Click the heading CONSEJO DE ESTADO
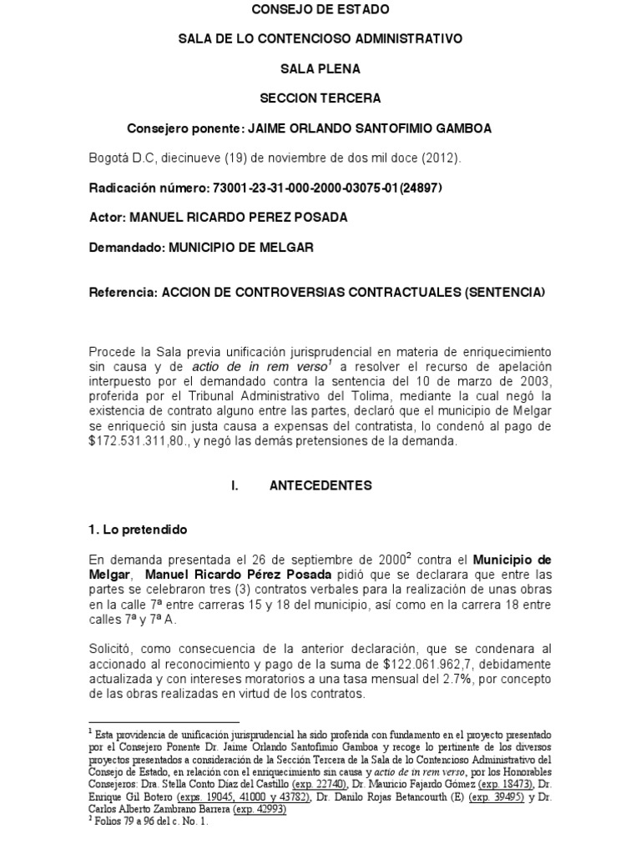coord(320,10)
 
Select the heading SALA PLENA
coord(320,68)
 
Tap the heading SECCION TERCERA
coord(320,98)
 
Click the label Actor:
coord(105,218)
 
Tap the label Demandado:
coord(126,248)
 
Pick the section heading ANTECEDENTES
coord(320,485)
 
